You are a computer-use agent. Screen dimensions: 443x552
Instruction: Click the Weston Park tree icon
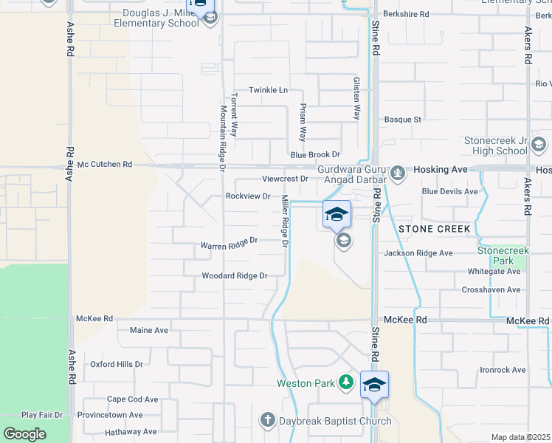tap(346, 382)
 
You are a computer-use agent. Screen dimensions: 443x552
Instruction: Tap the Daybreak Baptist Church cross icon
tap(268, 421)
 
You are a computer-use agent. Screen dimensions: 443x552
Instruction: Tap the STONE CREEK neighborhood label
tap(434, 229)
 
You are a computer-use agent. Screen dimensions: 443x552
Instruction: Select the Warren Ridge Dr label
tap(229, 242)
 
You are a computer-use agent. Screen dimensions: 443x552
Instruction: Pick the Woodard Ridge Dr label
tap(233, 276)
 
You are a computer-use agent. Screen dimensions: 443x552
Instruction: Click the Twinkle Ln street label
tap(267, 90)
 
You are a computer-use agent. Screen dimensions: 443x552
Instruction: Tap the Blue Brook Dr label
tap(314, 155)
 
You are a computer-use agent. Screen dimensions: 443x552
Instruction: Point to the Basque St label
tap(403, 120)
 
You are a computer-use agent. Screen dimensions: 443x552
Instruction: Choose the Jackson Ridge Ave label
tap(418, 253)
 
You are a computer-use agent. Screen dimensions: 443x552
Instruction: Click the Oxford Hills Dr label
tap(116, 364)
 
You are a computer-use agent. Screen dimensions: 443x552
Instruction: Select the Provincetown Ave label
tap(110, 415)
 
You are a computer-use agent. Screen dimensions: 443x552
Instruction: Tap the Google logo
tap(24, 434)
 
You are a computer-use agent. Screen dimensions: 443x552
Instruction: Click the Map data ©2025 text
tap(520, 437)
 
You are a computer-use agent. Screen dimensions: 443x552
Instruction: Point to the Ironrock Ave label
tap(502, 370)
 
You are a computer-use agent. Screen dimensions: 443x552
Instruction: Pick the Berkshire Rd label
tap(406, 14)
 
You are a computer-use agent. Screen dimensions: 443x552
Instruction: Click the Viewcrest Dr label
tap(285, 179)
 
